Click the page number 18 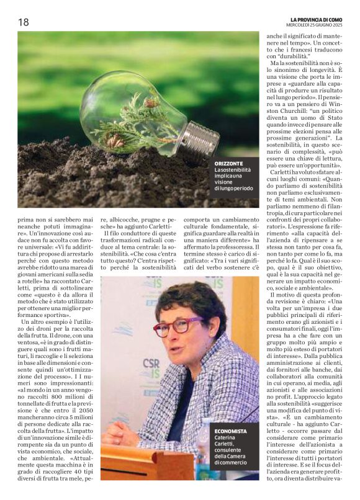coord(23,22)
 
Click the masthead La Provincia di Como coord(320,19)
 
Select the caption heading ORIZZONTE coord(229,163)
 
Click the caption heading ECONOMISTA coord(231,431)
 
